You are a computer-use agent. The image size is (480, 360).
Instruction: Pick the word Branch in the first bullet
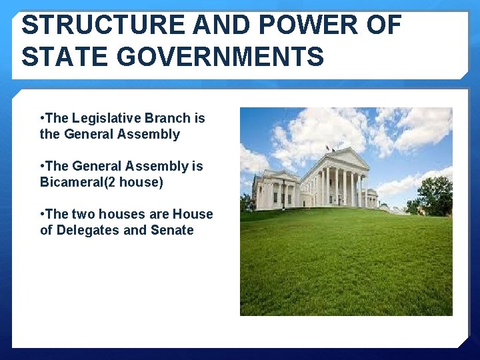(168, 119)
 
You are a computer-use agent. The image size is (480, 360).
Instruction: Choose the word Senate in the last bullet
(172, 231)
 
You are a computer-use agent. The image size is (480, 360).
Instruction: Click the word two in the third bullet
(83, 215)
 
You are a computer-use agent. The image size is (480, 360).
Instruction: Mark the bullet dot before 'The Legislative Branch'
(43, 119)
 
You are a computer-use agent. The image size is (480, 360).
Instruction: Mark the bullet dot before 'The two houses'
(43, 215)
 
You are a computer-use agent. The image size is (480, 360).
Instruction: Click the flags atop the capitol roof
(327, 148)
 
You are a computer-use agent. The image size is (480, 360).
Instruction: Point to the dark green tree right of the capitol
(435, 194)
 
